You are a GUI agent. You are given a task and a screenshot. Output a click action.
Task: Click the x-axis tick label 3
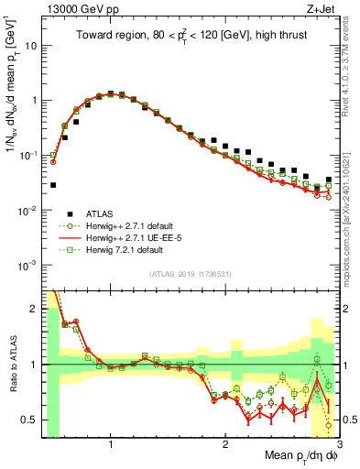pos(337,444)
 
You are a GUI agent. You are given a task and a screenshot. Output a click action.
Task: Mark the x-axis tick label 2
pos(224,444)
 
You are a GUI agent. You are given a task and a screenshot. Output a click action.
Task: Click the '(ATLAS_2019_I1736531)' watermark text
pos(191,274)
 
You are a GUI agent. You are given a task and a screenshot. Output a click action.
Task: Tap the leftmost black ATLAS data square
pos(53,184)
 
